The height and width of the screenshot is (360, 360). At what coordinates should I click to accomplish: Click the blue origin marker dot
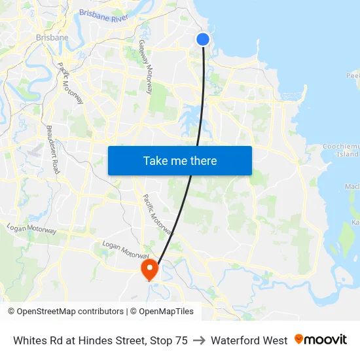(x=203, y=39)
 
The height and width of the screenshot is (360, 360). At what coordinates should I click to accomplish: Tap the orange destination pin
(x=150, y=268)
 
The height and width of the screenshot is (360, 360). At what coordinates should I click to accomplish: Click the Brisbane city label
(x=52, y=37)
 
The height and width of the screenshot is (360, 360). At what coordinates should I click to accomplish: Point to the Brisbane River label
(x=103, y=15)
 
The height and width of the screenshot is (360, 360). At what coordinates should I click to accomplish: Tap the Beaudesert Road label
(x=53, y=149)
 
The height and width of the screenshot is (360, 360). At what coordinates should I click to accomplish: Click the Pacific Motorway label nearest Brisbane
(x=70, y=83)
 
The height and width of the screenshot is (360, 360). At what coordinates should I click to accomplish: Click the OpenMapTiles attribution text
(x=166, y=312)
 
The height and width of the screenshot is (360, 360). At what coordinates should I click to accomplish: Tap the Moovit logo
(x=321, y=340)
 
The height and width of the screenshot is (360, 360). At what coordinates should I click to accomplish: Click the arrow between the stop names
(x=199, y=340)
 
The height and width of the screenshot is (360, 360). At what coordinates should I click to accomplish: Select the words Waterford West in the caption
(x=249, y=340)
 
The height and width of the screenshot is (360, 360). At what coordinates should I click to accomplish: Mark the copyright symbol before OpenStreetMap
(x=12, y=312)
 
